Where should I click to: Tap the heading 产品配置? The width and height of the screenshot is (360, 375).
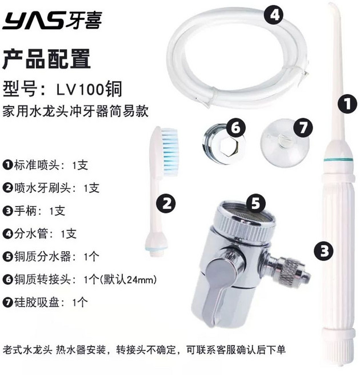click(46, 59)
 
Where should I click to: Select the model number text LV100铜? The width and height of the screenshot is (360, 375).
click(89, 89)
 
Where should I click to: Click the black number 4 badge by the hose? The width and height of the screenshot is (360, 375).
click(274, 15)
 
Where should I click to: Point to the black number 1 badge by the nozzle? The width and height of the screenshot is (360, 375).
click(347, 103)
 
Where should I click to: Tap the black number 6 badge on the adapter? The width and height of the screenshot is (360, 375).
click(236, 128)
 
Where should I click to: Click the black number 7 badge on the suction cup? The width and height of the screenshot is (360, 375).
click(303, 128)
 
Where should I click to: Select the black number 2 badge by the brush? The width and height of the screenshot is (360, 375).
click(166, 203)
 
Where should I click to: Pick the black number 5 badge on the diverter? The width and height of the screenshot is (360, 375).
click(255, 203)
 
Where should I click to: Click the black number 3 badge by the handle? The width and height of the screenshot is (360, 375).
click(323, 251)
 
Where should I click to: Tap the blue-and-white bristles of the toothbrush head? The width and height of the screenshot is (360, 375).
click(170, 152)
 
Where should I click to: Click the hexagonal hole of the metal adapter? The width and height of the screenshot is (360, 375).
click(229, 146)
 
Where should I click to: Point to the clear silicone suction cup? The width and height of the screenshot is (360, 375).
click(283, 144)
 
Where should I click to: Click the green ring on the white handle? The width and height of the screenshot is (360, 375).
click(338, 159)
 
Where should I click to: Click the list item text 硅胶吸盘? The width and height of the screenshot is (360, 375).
click(37, 303)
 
